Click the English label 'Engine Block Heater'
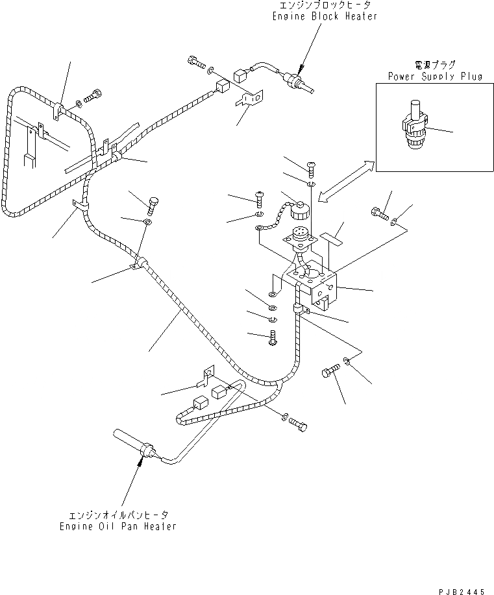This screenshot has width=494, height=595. pos(325,16)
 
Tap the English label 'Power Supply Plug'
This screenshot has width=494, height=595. pos(435,76)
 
